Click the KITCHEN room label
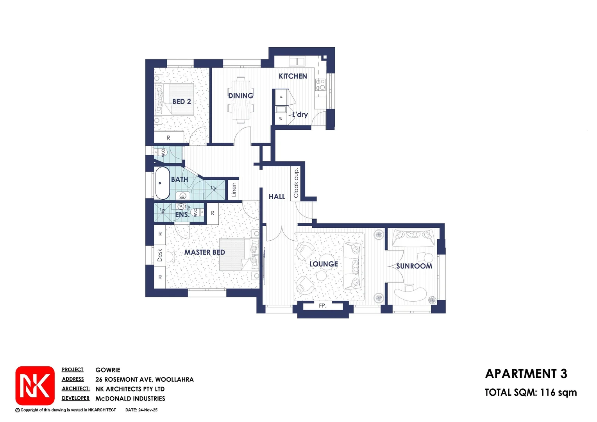coord(293,76)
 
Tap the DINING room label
coord(241,96)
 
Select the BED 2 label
coord(182,102)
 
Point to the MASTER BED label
coord(204,252)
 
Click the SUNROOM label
coord(414,266)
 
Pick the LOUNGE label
coord(324,264)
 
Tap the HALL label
coord(277,197)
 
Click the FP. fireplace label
coord(322,306)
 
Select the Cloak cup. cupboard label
coord(296,183)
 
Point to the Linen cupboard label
coord(234,190)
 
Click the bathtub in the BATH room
coord(162,183)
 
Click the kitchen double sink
coord(297,61)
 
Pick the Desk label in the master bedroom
coord(159,255)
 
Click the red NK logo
coord(35,386)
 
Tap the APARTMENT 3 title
coord(526,374)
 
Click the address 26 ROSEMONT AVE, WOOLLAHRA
coord(144,379)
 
